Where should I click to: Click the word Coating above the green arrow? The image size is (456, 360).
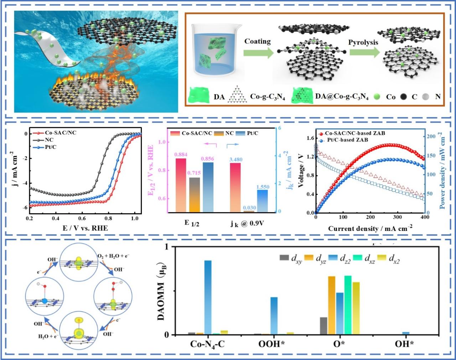coord(257,41)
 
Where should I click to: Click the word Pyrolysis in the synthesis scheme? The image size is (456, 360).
coord(363,42)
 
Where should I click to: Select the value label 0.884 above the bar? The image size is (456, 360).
coord(181,154)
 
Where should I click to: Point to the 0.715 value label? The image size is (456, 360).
coord(195,173)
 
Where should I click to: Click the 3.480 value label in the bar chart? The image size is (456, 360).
coord(235,159)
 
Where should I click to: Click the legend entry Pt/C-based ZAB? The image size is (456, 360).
coord(347,140)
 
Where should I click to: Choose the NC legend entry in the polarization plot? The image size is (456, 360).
coord(49,140)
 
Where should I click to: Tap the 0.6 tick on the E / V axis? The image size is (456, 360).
coord(82,218)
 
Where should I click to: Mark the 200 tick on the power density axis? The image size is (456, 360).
coord(431,137)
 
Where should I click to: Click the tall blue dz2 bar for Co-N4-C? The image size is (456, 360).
coord(208,297)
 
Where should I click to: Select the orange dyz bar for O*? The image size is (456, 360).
coord(331,305)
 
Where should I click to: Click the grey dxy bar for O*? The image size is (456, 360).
coord(323,326)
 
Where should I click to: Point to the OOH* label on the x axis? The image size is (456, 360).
coord(272,344)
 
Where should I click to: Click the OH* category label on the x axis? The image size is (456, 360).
coord(404,344)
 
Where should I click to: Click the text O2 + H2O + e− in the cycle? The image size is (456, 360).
coord(113,256)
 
